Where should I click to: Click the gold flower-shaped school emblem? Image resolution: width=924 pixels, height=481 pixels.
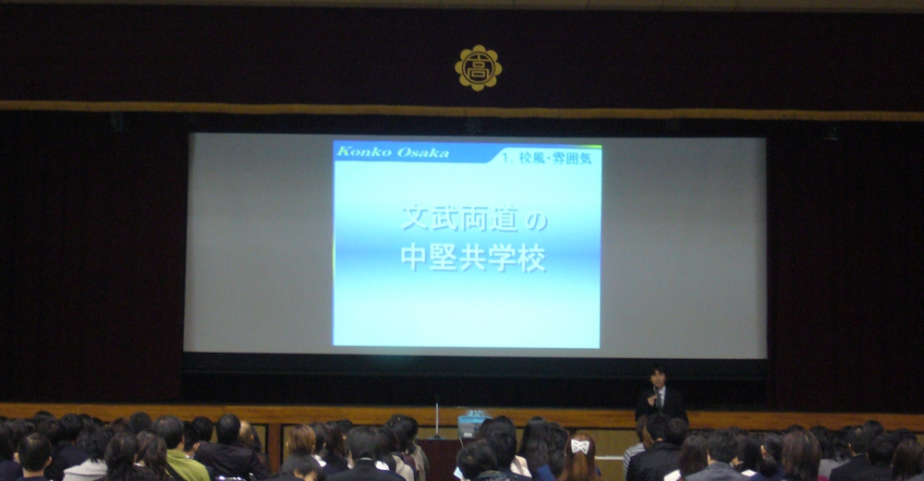[x=478, y=68]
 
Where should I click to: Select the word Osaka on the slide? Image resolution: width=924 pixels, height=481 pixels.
[x=422, y=152]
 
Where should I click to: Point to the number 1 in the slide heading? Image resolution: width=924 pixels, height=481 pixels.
[x=506, y=158]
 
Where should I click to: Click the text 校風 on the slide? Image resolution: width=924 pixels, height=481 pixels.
[x=531, y=158]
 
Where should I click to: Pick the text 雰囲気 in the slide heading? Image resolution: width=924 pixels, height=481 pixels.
[x=572, y=158]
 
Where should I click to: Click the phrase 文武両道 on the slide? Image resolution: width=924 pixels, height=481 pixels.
[x=459, y=219]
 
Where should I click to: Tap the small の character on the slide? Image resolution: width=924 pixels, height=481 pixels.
[x=536, y=222]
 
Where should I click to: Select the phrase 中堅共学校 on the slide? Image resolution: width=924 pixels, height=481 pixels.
[x=473, y=258]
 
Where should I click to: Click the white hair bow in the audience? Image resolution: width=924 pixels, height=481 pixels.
[x=580, y=446]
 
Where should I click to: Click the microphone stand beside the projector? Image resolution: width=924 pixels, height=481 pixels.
[x=437, y=418]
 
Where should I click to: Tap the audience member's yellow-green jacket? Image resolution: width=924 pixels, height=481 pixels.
[x=187, y=465]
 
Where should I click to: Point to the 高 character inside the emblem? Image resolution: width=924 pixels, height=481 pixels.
[x=478, y=68]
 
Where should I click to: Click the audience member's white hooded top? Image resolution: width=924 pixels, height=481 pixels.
[x=86, y=470]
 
